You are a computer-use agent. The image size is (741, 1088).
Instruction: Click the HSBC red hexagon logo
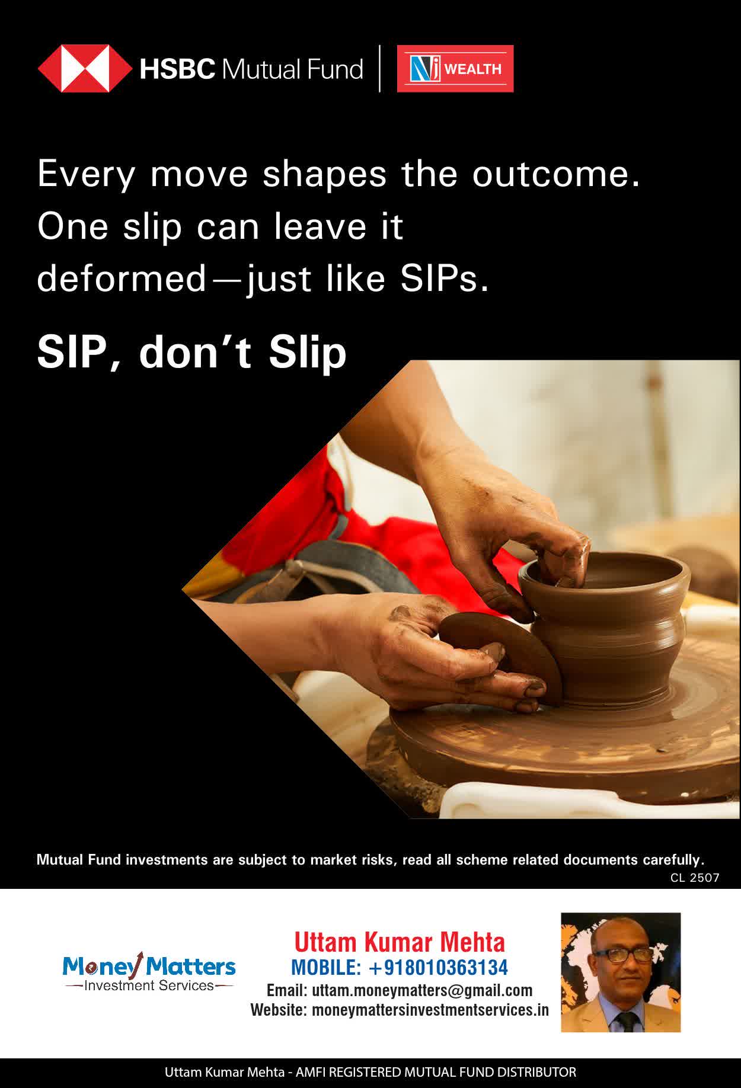tap(85, 69)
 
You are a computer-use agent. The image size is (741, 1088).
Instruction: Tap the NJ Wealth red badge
tap(455, 69)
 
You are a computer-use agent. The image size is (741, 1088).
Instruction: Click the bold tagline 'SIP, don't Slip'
tap(191, 352)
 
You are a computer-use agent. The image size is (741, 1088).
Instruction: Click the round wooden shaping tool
tap(502, 658)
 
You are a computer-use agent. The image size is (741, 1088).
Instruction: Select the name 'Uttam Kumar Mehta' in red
tap(400, 942)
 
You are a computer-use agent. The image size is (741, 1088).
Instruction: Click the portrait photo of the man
tap(621, 972)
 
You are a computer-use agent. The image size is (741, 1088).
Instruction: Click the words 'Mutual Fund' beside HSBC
tap(292, 69)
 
